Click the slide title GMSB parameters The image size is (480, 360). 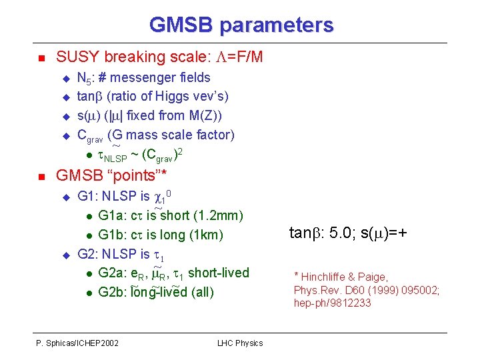(x=241, y=25)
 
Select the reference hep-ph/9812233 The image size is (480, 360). (x=332, y=303)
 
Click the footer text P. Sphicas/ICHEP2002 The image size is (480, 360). (x=77, y=343)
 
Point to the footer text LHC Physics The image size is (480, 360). (x=240, y=343)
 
